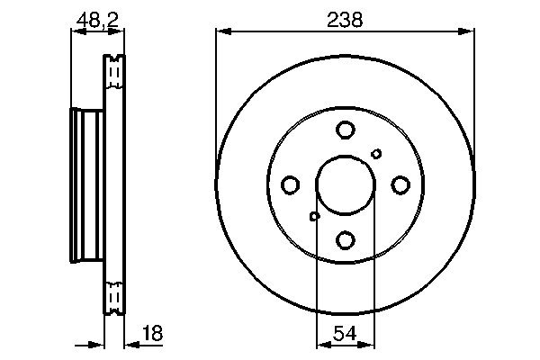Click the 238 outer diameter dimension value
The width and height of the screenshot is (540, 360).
[x=345, y=19]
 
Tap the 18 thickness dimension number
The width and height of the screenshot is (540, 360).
[x=152, y=333]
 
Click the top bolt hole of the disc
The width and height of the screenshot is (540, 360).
[x=346, y=130]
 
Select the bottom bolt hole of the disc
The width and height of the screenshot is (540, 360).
[x=346, y=239]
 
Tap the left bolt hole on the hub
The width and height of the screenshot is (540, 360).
[x=291, y=185]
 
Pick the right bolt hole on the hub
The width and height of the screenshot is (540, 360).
[x=400, y=185]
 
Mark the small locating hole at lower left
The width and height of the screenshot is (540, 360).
[x=314, y=216]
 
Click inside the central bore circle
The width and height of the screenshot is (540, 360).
[x=346, y=185]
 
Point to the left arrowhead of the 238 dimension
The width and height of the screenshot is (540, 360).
[x=222, y=31]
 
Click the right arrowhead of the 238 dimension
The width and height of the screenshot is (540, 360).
[x=467, y=31]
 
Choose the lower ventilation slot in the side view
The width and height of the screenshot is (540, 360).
[x=114, y=296]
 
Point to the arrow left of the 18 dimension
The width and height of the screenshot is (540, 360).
[x=97, y=343]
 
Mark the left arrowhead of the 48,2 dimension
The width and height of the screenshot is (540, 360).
[x=76, y=31]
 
